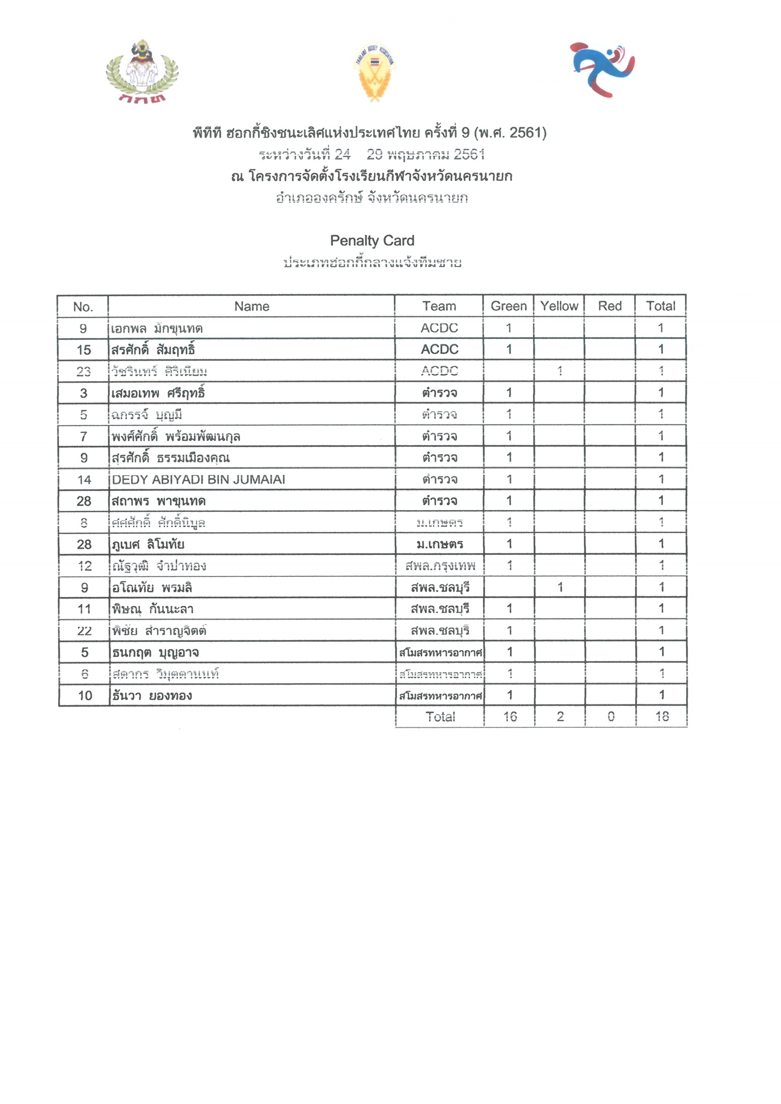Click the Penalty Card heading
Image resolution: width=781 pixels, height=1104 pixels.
click(372, 240)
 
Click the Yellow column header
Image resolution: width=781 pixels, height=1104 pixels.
click(559, 306)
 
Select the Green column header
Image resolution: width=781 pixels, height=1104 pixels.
click(508, 306)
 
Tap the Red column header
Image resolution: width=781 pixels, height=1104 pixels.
click(610, 306)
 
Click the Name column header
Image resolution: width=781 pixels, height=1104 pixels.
click(252, 306)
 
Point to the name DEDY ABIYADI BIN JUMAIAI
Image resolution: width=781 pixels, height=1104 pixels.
click(198, 479)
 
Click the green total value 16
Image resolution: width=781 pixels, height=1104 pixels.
click(509, 717)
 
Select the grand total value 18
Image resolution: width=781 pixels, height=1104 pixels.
click(662, 717)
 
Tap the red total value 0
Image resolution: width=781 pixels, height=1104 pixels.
click(611, 717)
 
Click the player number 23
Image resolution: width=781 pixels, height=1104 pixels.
click(83, 372)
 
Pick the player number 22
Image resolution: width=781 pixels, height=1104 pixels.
click(84, 631)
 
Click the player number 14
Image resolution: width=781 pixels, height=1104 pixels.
click(84, 480)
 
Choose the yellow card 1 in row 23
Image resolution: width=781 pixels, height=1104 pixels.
click(559, 371)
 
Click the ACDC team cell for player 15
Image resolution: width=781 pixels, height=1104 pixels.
click(439, 350)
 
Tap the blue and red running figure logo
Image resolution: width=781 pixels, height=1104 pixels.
click(603, 69)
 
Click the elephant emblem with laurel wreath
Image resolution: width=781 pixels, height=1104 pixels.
click(142, 71)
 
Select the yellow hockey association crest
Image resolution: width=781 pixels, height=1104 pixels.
click(375, 71)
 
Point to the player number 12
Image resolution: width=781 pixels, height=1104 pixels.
click(84, 566)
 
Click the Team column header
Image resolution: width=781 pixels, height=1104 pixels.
click(439, 306)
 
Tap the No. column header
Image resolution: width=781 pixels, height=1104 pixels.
click(83, 306)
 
